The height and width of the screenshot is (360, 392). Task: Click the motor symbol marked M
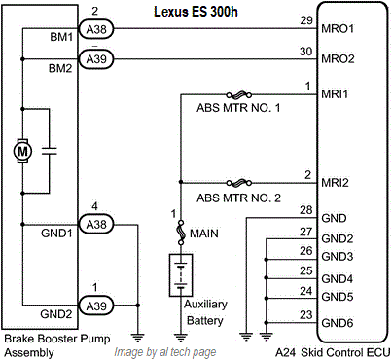22,151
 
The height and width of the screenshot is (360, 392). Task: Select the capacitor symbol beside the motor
50,151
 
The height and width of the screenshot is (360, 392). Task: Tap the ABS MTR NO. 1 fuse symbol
239,95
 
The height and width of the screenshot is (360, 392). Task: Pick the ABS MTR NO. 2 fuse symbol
239,183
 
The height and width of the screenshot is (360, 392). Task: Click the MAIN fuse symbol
181,233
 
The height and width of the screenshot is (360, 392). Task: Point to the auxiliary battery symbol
181,275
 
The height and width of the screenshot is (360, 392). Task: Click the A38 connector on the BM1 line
96,29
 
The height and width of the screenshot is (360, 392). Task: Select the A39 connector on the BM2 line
96,59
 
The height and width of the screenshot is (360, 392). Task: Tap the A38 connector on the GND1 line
96,224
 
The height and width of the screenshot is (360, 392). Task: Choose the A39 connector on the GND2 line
96,306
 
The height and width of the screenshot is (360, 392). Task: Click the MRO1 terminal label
338,29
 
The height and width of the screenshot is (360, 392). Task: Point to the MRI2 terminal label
335,183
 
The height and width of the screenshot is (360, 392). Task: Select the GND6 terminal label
338,323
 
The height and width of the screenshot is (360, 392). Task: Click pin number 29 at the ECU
306,20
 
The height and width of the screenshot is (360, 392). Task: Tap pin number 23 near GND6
306,314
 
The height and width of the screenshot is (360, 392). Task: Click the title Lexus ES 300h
196,12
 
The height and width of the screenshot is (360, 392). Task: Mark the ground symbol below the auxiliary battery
181,337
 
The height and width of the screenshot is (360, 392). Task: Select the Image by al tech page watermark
165,352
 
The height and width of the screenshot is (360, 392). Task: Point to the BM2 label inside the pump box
60,68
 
